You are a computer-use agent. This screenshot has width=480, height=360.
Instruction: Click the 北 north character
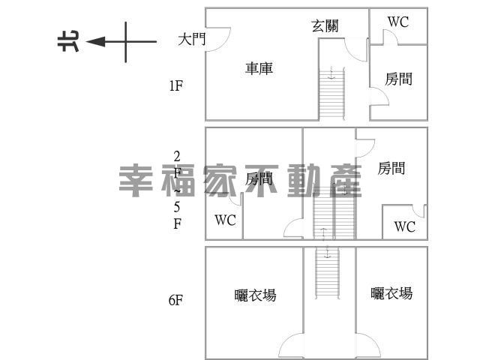(68, 41)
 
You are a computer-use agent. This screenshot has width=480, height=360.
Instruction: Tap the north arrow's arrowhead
(96, 42)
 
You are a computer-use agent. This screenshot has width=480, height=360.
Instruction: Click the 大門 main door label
(192, 40)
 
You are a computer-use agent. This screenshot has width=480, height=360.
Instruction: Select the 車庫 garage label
(259, 68)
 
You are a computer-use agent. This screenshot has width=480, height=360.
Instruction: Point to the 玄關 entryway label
(325, 25)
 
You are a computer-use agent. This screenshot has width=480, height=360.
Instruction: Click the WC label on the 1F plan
(398, 22)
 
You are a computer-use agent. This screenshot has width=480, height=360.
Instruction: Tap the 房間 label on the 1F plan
(398, 79)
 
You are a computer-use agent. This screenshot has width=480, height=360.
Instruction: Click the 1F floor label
(175, 85)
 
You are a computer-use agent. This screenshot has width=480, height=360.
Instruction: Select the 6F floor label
(175, 300)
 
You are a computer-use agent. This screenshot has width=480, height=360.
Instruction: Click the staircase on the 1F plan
(331, 93)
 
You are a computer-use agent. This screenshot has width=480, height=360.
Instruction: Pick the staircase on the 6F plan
(328, 272)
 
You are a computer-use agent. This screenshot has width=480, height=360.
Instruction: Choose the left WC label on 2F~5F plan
(225, 220)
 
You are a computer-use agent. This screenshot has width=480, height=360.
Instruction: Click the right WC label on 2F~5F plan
(405, 226)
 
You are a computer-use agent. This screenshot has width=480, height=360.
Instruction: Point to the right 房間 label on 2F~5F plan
(391, 169)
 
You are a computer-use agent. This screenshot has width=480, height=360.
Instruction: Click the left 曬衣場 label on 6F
(255, 295)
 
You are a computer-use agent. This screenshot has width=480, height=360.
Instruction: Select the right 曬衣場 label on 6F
(391, 293)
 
